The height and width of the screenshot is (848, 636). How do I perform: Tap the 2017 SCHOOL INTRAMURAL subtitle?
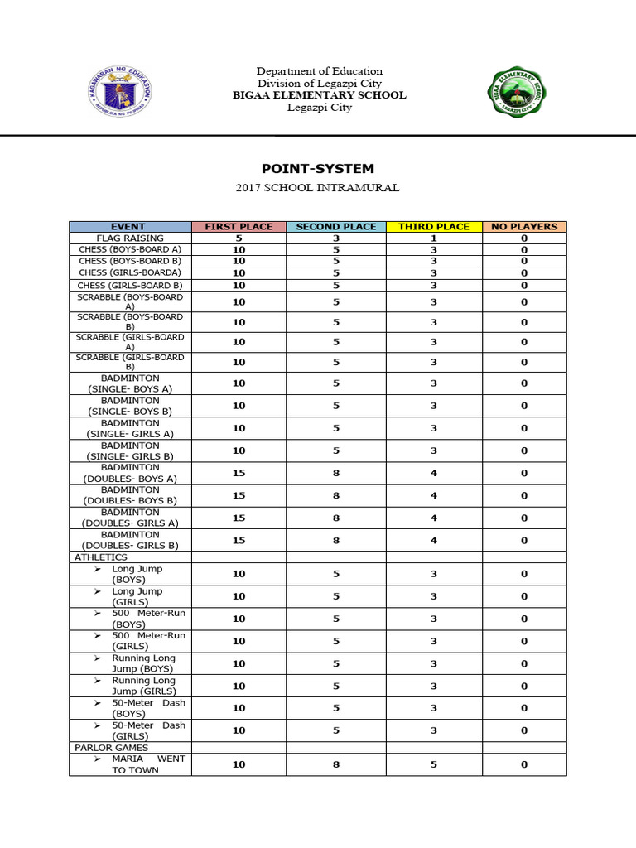(318, 188)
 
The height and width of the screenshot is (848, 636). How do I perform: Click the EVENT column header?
(129, 226)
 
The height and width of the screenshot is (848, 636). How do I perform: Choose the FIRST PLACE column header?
(238, 226)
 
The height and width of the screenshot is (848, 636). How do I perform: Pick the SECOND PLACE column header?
(336, 226)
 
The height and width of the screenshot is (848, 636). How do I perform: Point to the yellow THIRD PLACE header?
(434, 226)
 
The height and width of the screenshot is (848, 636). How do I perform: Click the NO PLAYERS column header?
(524, 226)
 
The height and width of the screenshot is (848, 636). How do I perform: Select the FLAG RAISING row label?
(129, 238)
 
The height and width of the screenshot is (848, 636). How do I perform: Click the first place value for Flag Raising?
(238, 238)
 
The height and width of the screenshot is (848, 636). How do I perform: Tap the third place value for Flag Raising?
(434, 238)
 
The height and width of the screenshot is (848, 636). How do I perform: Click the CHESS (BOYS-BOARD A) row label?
(129, 249)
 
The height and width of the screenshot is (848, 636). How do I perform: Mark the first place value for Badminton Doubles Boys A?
(238, 473)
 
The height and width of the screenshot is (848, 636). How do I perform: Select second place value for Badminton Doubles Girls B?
(336, 540)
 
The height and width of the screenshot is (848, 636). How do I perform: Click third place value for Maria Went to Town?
(434, 764)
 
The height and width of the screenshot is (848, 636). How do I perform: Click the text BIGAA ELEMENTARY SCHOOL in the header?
(319, 95)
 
